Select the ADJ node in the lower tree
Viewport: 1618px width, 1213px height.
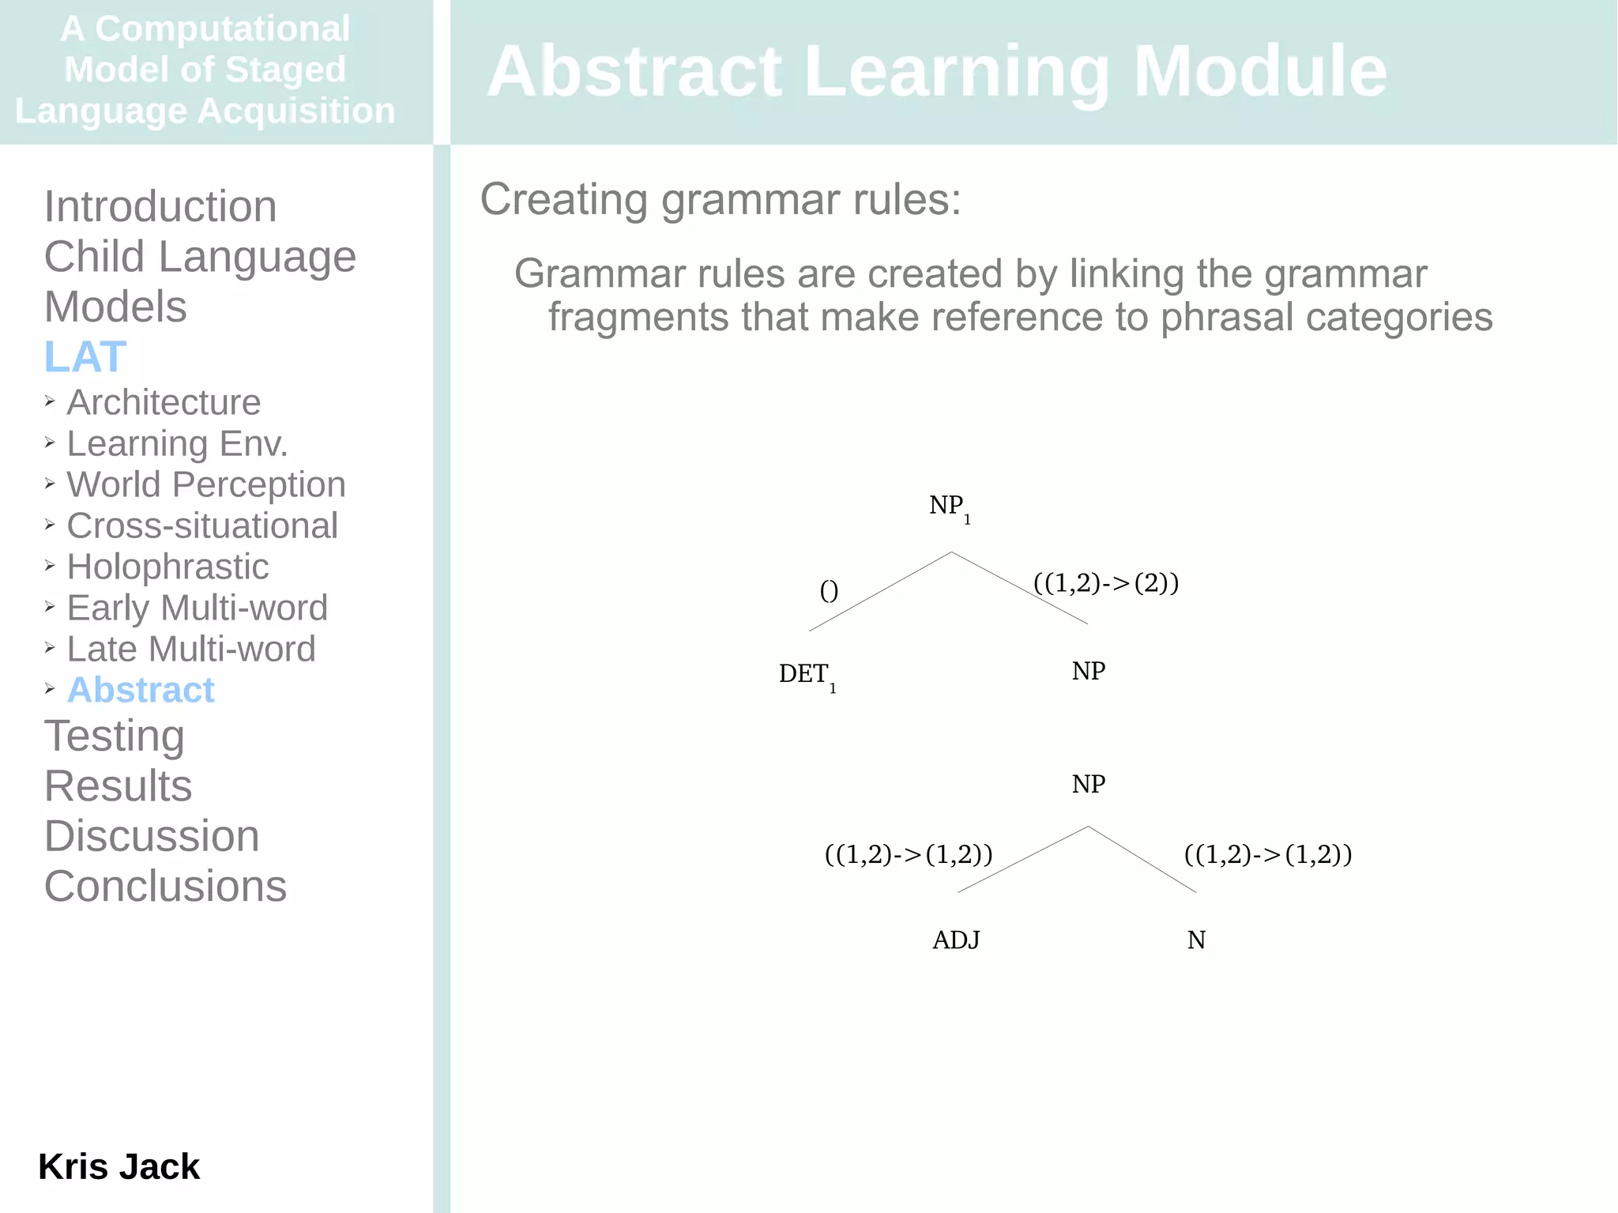point(956,940)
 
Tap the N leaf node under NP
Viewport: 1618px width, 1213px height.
point(1196,940)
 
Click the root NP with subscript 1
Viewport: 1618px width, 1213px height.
point(948,506)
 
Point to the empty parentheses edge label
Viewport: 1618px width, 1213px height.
point(829,590)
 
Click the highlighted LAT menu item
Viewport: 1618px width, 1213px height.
point(85,356)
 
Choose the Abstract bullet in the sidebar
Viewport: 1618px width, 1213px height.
point(141,690)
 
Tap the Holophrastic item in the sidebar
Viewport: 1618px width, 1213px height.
point(167,567)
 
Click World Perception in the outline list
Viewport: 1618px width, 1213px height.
point(205,484)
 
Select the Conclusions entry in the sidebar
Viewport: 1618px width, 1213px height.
point(165,886)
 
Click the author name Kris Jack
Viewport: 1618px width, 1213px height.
point(119,1166)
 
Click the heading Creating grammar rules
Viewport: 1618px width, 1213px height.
point(720,199)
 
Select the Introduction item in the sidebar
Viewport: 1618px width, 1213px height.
point(160,206)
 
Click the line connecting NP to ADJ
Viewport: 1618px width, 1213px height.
point(1022,860)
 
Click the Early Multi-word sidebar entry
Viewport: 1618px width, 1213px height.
point(197,608)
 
